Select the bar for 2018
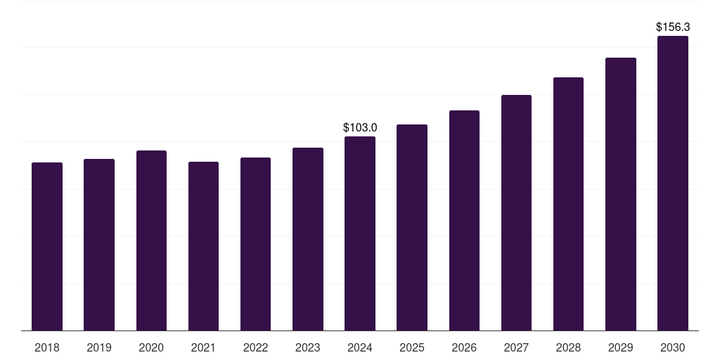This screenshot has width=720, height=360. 47,247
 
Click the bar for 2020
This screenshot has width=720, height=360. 152,240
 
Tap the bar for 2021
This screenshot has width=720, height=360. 203,246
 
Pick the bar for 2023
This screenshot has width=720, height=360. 308,239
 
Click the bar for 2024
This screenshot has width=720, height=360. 360,233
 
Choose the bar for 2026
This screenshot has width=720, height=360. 464,220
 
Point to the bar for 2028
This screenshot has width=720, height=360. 568,204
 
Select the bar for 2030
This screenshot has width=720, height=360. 673,184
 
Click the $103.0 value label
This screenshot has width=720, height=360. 360,128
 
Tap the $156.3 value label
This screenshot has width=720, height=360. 673,27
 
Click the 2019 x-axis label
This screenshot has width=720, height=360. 99,347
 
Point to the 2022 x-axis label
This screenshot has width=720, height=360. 255,347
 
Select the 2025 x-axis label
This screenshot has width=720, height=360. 412,347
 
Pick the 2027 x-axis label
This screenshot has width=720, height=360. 516,347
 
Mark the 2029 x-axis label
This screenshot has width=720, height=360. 620,347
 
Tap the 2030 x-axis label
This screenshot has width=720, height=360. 673,347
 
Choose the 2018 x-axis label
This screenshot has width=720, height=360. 47,347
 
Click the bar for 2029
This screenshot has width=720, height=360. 621,194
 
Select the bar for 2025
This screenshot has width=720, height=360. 412,228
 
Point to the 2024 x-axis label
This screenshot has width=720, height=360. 360,347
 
